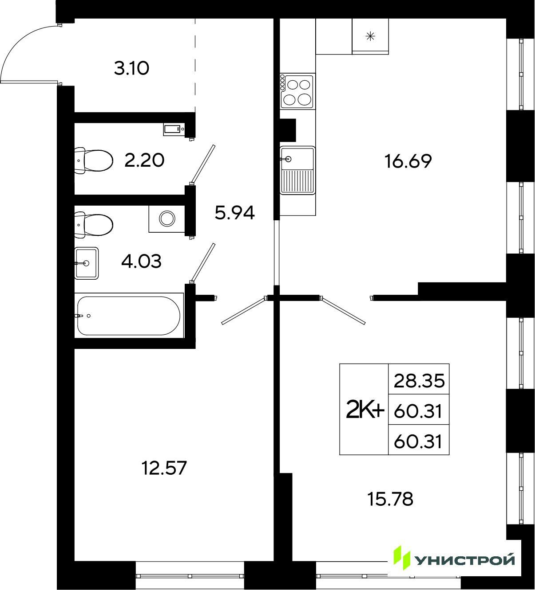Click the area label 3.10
[132, 69]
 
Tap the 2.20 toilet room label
[144, 160]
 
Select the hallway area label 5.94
[235, 213]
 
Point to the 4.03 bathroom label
[142, 262]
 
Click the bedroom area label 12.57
[164, 468]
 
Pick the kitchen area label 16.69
[408, 161]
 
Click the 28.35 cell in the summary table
[419, 381]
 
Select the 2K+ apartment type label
[365, 411]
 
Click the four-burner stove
[297, 91]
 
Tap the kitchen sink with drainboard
[297, 170]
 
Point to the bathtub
[129, 315]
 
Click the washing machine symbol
[167, 219]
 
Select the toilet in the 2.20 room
[93, 160]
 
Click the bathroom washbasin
[86, 263]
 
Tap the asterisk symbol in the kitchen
[370, 36]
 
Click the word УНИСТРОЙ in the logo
[465, 560]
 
